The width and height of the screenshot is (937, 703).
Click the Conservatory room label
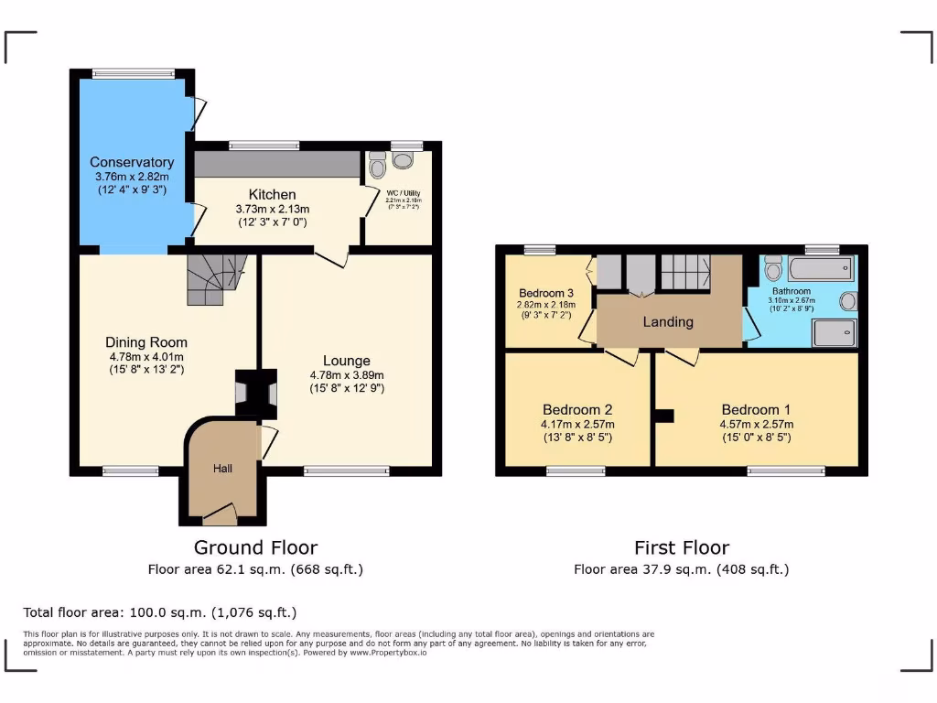[x=132, y=162]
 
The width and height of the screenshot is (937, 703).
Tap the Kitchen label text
[x=273, y=194]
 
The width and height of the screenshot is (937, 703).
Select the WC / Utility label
[x=399, y=194]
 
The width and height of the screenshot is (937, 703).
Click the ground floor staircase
[x=216, y=278]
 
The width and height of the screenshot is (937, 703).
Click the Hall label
[x=222, y=469]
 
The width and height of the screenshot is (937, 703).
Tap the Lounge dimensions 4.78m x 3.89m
[x=347, y=374]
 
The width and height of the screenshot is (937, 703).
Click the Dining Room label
[x=146, y=342]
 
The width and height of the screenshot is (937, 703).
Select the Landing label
[x=668, y=321]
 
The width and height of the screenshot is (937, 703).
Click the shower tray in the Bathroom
[x=834, y=333]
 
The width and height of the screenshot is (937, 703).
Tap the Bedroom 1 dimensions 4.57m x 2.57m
[x=756, y=424]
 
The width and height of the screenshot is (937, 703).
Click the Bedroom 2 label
[x=577, y=409]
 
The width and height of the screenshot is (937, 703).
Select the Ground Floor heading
[x=255, y=547]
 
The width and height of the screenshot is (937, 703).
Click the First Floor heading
[x=682, y=547]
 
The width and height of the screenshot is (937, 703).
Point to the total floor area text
[x=160, y=612]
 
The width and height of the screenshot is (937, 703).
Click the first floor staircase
[x=685, y=272]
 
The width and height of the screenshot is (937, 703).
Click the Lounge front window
[x=347, y=470]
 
